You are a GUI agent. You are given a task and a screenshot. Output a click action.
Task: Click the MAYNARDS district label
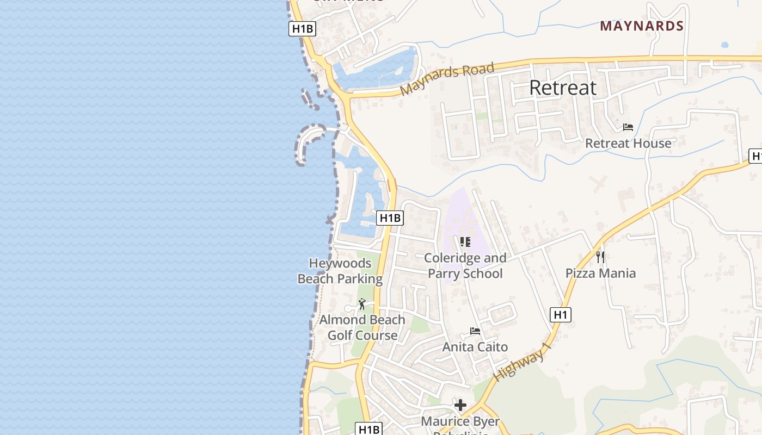642,26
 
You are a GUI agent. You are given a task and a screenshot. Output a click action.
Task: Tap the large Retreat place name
563,88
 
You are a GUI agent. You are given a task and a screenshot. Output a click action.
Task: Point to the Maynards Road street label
447,79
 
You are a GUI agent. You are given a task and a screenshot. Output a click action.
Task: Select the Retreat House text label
628,144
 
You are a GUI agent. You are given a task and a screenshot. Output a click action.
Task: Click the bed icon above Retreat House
628,127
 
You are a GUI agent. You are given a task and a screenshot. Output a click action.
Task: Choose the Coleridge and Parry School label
465,265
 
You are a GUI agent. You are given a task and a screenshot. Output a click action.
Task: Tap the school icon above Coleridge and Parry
465,242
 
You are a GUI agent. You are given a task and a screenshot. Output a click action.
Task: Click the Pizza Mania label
600,273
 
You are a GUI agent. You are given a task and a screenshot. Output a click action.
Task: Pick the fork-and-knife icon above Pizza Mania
600,257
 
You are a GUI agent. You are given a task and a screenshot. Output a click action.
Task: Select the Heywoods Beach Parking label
340,271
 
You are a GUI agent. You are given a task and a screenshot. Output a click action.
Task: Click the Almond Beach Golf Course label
362,327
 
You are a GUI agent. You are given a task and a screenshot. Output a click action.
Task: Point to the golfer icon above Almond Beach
362,304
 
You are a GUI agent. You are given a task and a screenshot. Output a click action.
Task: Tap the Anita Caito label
475,347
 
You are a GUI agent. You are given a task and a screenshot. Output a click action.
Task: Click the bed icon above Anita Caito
475,331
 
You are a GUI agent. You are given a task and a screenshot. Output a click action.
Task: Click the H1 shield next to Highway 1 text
561,314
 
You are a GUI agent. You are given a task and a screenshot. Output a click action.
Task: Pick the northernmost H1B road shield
302,29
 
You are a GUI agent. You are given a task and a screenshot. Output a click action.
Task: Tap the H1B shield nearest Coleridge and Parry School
390,218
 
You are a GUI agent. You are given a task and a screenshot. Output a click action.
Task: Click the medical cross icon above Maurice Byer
460,405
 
